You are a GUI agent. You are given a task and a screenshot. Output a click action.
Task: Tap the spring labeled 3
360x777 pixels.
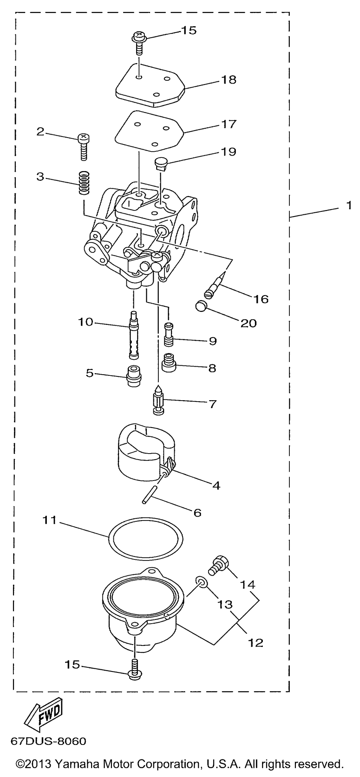pos(84,183)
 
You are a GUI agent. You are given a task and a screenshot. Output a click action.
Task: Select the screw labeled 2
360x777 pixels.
pos(84,146)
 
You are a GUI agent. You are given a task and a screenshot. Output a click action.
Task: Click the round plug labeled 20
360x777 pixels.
pos(202,307)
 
